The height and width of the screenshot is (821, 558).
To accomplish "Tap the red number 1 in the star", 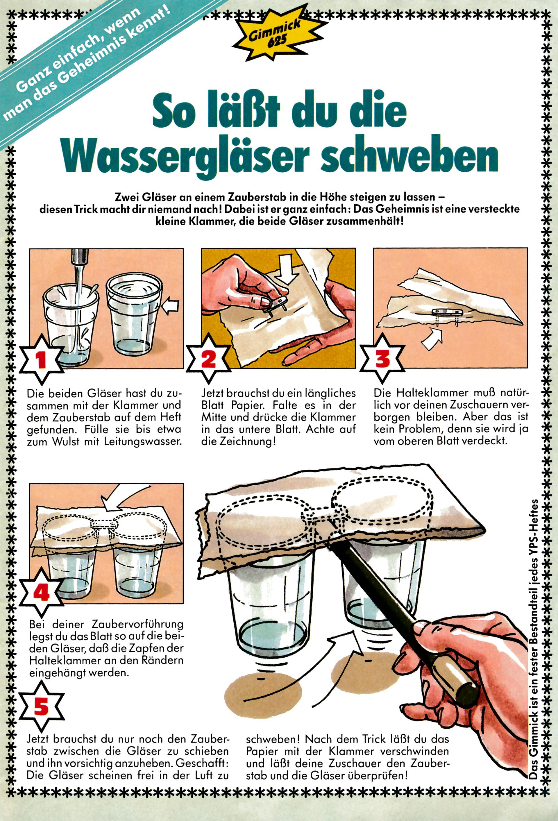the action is click(42, 359).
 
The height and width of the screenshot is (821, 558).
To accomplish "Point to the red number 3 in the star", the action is click(382, 358).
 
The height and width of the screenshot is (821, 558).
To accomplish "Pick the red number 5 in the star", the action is click(42, 706).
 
